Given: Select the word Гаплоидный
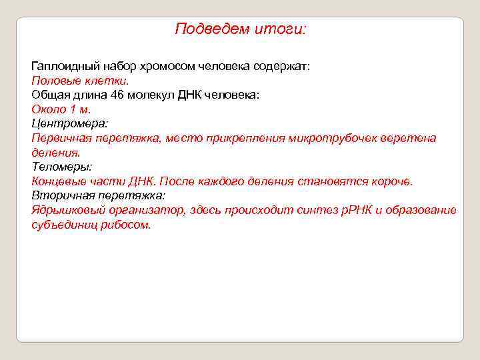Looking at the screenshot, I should (63, 67).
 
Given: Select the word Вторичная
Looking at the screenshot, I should (60, 195).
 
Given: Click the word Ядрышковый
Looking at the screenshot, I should (68, 210).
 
